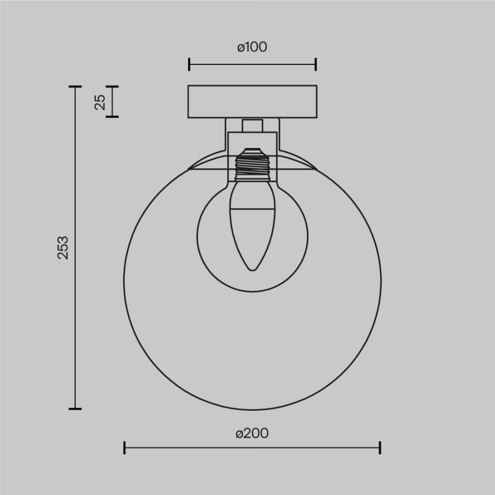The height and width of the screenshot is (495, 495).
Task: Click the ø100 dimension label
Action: click(252, 47)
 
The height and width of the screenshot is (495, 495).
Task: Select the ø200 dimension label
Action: click(252, 433)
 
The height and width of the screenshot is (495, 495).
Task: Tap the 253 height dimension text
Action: click(63, 248)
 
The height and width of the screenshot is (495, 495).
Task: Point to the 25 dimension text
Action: click(100, 102)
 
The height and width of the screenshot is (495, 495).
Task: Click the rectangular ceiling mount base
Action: click(252, 102)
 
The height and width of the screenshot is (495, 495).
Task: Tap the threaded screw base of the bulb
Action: click(252, 164)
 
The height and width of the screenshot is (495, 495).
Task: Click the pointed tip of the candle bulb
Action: click(252, 270)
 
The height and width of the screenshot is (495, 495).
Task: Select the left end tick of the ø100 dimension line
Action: click(189, 64)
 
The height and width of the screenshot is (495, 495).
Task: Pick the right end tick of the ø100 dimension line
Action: click(316, 64)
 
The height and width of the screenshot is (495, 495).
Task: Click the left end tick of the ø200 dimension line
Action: click(124, 448)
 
